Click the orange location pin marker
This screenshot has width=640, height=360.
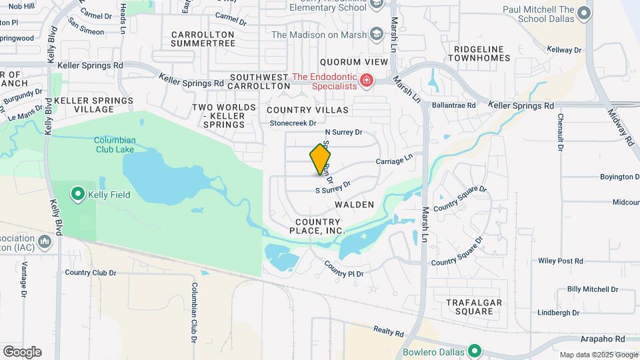pos(320,159)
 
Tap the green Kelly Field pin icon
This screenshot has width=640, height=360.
pos(77,195)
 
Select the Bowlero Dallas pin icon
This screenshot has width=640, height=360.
pos(474,351)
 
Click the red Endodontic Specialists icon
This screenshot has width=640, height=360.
pos(366,81)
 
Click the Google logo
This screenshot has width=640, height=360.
pos(22,352)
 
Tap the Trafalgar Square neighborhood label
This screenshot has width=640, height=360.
pos(474,307)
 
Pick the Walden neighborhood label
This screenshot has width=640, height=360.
pos(354,205)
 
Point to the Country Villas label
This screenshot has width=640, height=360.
pos(307,109)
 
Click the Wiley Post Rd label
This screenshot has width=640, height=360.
pos(560,261)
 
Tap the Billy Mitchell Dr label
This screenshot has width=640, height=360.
pos(592,289)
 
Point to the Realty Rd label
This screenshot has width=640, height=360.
pos(389,332)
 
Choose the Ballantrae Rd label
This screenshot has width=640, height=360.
pos(453,105)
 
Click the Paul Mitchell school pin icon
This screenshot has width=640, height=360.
pos(585,13)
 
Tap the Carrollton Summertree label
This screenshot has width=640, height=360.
pos(203,39)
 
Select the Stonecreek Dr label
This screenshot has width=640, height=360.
pos(292,123)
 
